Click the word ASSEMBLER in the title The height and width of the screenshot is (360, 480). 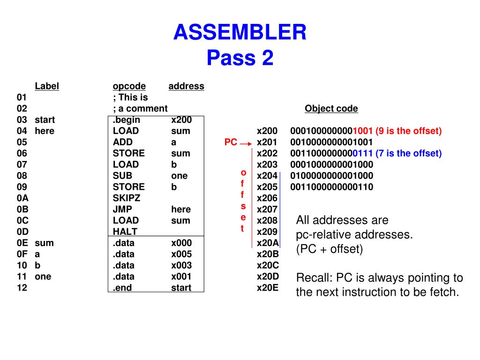coord(240,33)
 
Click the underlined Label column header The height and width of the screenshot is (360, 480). coord(46,86)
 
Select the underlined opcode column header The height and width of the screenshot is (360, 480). coord(129,86)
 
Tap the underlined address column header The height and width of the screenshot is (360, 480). coord(186,86)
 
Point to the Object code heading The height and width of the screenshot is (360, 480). coord(331,109)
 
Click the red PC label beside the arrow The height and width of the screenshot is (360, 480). coord(231,142)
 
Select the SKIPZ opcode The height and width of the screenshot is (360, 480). coord(126,198)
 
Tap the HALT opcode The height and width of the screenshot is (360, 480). coord(125,232)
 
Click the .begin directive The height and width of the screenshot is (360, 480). coord(126,120)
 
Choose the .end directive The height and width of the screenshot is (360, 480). coord(122,288)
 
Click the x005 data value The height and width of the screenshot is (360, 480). coord(181,254)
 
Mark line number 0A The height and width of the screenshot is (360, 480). coord(22,198)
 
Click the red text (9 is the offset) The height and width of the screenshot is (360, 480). coord(408,131)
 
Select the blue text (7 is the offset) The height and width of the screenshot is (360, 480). coord(408,153)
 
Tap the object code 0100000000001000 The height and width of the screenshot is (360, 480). coord(331,176)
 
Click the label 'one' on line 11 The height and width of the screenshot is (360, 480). coord(43,277)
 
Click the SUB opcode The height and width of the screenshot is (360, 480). coord(121,176)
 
